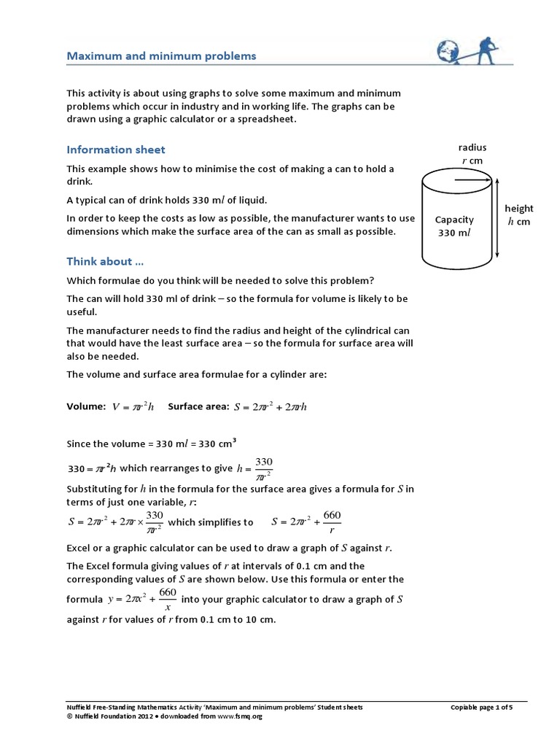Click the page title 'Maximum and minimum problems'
[161, 55]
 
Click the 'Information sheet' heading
[116, 150]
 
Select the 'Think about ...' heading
[100, 261]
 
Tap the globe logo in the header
[447, 50]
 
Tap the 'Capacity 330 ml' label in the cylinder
[454, 225]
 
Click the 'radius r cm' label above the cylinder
[472, 154]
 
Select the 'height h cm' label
[519, 215]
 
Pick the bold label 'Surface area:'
[198, 406]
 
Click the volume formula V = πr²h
[133, 407]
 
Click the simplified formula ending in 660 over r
[306, 522]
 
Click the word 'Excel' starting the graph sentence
[79, 548]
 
